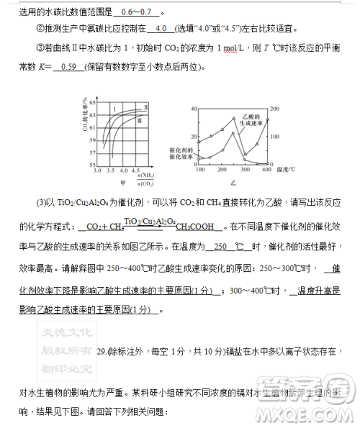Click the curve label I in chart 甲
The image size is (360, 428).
[114, 109]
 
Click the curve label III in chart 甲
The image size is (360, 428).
[140, 121]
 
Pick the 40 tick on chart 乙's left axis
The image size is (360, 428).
[194, 109]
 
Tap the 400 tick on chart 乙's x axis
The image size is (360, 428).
[266, 170]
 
